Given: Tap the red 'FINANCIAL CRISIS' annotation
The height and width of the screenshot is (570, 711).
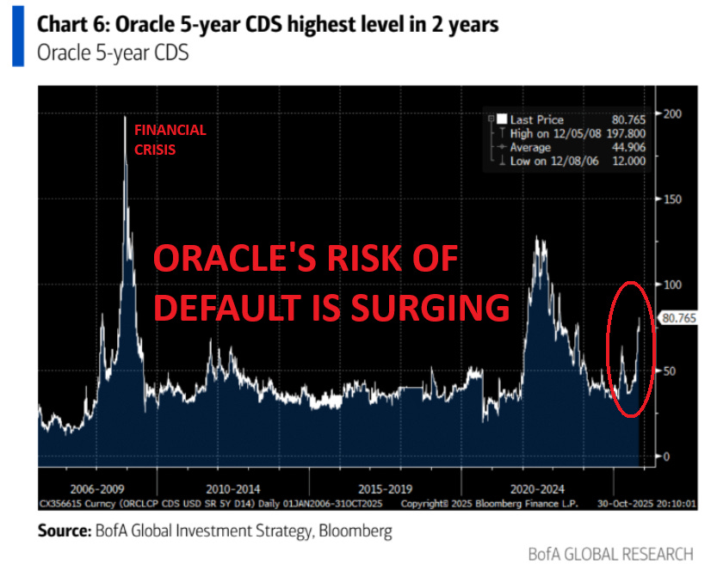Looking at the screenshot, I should pos(170,138).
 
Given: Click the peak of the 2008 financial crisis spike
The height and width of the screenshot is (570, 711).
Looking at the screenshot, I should pos(126,117).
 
